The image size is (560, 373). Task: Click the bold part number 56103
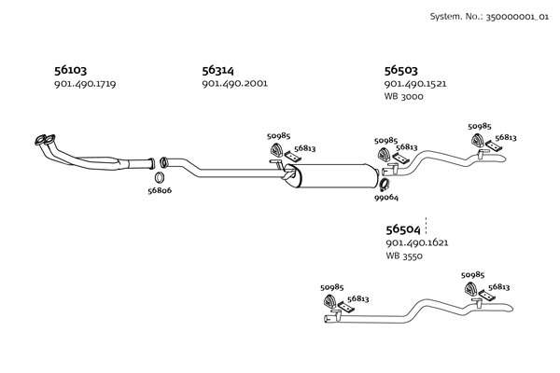click(x=71, y=70)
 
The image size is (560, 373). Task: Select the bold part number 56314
click(x=217, y=70)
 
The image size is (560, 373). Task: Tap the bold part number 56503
click(x=400, y=70)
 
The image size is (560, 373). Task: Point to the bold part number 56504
click(x=403, y=229)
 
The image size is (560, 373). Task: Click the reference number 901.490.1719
click(x=85, y=84)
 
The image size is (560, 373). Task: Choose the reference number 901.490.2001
click(x=234, y=84)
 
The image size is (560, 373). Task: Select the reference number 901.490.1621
click(x=417, y=243)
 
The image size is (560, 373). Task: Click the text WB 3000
click(x=403, y=96)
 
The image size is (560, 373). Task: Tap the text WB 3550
click(x=404, y=256)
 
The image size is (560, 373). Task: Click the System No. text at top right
click(x=489, y=17)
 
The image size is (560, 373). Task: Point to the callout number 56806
click(x=160, y=190)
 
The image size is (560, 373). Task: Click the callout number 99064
click(x=386, y=198)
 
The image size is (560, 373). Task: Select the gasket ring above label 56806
click(x=160, y=177)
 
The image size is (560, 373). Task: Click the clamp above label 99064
click(x=385, y=185)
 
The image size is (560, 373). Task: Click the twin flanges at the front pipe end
click(x=45, y=140)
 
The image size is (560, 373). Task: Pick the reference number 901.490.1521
click(x=415, y=84)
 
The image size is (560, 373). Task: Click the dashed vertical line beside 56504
click(x=426, y=226)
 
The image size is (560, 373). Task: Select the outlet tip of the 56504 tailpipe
click(x=511, y=309)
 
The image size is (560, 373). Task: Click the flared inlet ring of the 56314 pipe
click(x=163, y=163)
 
